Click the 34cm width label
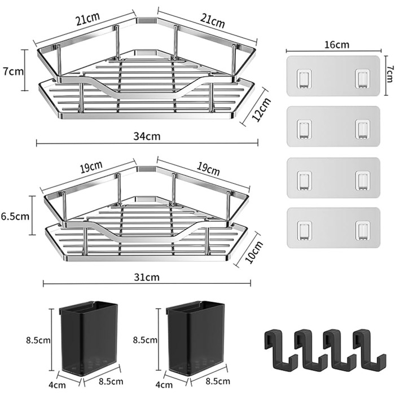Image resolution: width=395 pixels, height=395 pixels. coord(147,137)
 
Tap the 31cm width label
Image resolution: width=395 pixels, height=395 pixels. coord(147,277)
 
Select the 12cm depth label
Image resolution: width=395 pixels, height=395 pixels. coord(261,109)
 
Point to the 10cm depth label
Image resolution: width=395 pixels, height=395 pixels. coord(254,252)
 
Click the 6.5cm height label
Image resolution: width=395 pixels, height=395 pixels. coord(15,216)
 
